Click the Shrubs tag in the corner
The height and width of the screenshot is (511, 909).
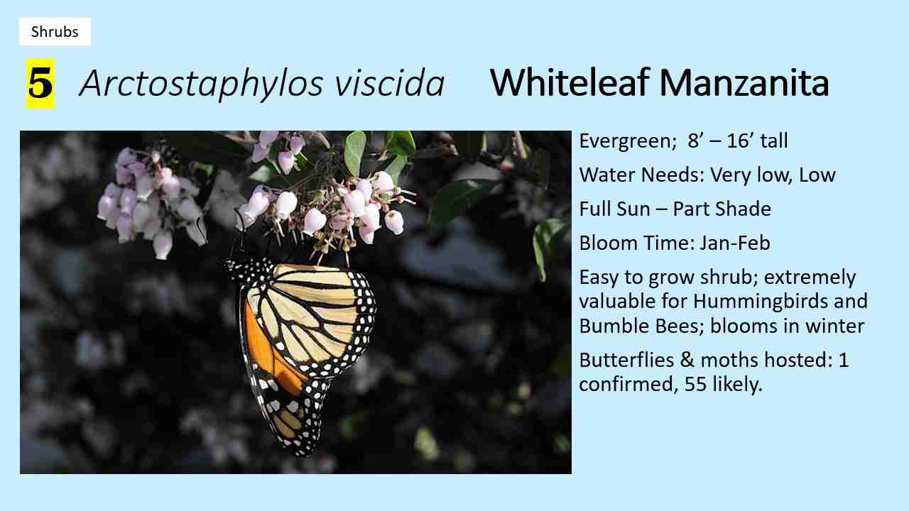pos(55,32)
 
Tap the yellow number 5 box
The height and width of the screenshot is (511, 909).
pos(40,84)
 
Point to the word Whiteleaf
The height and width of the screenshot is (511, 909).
pos(568,83)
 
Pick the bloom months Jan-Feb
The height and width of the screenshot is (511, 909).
pos(734,243)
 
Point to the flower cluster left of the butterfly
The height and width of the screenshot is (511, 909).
pos(149,202)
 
